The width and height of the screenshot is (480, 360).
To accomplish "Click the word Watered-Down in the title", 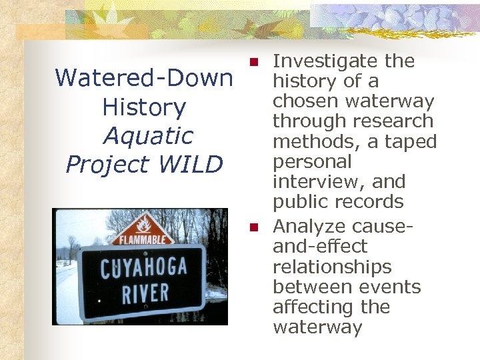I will coord(143,79).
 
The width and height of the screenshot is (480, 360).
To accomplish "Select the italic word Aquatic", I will coord(147,136).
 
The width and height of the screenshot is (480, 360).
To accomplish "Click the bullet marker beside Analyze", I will coord(253,227).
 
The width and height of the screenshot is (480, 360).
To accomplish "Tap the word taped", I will coord(412,141).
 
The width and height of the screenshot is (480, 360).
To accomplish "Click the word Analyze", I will coord(307,227).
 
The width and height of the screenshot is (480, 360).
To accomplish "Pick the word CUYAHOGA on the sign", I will coord(142,270).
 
